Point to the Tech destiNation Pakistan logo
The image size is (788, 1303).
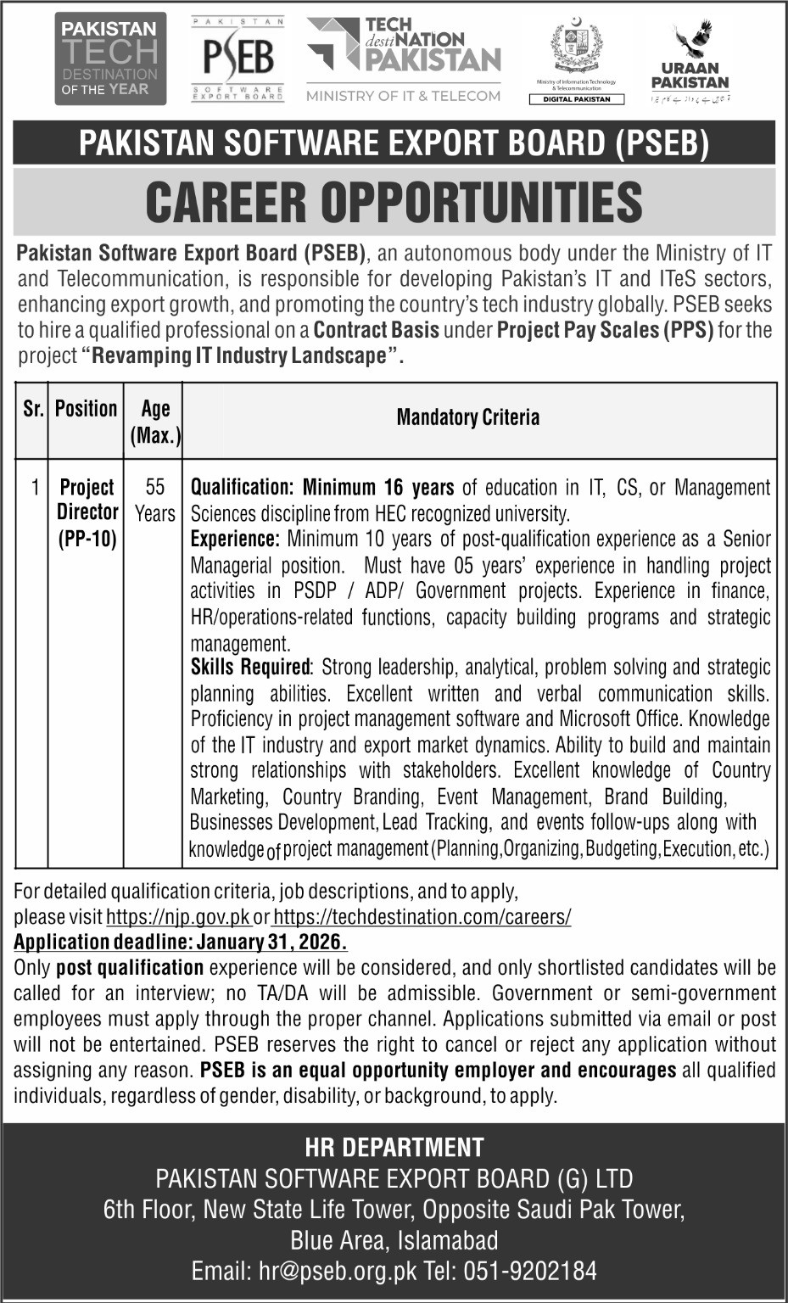tap(404, 53)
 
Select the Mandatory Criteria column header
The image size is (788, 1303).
tap(467, 417)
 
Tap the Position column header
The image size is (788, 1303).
tap(87, 409)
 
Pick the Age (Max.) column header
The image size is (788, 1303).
tap(155, 422)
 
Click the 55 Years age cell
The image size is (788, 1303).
tap(154, 501)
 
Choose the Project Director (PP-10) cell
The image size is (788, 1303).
tap(87, 512)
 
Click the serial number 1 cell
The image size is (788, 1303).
tap(35, 488)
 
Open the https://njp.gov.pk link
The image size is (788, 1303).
tap(178, 917)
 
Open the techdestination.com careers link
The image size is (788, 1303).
tap(422, 917)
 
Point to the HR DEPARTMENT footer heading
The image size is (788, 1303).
tap(394, 1148)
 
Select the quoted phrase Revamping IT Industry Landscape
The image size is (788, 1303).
tap(239, 355)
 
